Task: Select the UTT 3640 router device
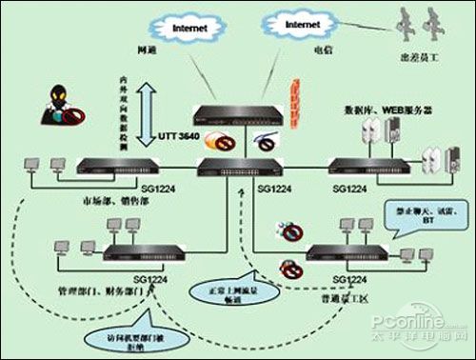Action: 236,114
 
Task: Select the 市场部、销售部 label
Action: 105,201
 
